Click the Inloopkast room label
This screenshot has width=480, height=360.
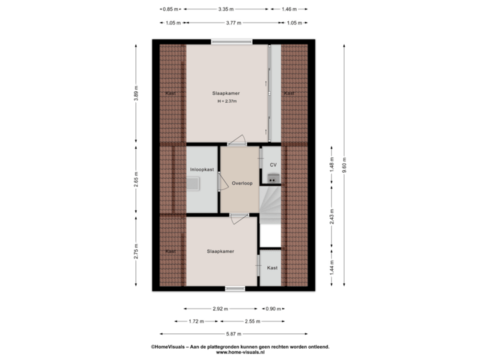click(201, 169)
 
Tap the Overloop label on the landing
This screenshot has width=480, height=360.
click(242, 183)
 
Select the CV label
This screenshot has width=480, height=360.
click(273, 164)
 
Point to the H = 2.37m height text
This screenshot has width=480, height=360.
click(227, 101)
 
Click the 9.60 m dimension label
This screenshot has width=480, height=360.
click(345, 164)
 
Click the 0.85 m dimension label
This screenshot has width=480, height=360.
click(171, 9)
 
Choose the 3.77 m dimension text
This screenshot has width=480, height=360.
click(233, 23)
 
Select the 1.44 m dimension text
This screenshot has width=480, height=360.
click(331, 267)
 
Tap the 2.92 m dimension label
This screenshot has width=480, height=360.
click(220, 309)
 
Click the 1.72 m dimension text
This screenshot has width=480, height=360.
click(195, 321)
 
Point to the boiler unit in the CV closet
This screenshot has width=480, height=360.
click(272, 178)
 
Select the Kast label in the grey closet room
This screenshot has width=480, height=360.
click(272, 268)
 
